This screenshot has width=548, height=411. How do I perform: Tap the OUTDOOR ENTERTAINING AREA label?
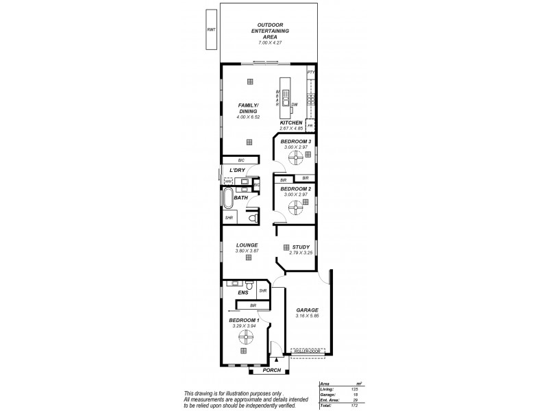pos(269,31)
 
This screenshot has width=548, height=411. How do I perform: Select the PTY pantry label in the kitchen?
pos(310,72)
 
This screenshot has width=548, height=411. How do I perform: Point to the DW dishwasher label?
pos(294,105)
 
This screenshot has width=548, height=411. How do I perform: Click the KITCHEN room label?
pos(291,123)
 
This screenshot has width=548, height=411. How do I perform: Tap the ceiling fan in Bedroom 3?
pos(295,159)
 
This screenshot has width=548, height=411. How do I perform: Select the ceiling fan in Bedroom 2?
pos(295,206)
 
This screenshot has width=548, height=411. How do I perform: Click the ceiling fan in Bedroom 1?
pos(244,335)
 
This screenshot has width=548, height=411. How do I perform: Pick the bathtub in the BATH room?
pos(227,198)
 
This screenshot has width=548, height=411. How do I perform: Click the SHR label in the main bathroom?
pos(229,219)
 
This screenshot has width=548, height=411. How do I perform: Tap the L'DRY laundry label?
pos(237,170)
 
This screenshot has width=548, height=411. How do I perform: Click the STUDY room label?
pos(301,247)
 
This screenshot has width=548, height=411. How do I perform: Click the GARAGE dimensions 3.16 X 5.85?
pos(307,316)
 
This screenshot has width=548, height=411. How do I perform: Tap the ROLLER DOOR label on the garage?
pos(308,350)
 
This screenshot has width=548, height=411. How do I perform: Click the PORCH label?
pos(272,370)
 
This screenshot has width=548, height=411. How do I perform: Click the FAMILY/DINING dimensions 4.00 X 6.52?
pos(247,117)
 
